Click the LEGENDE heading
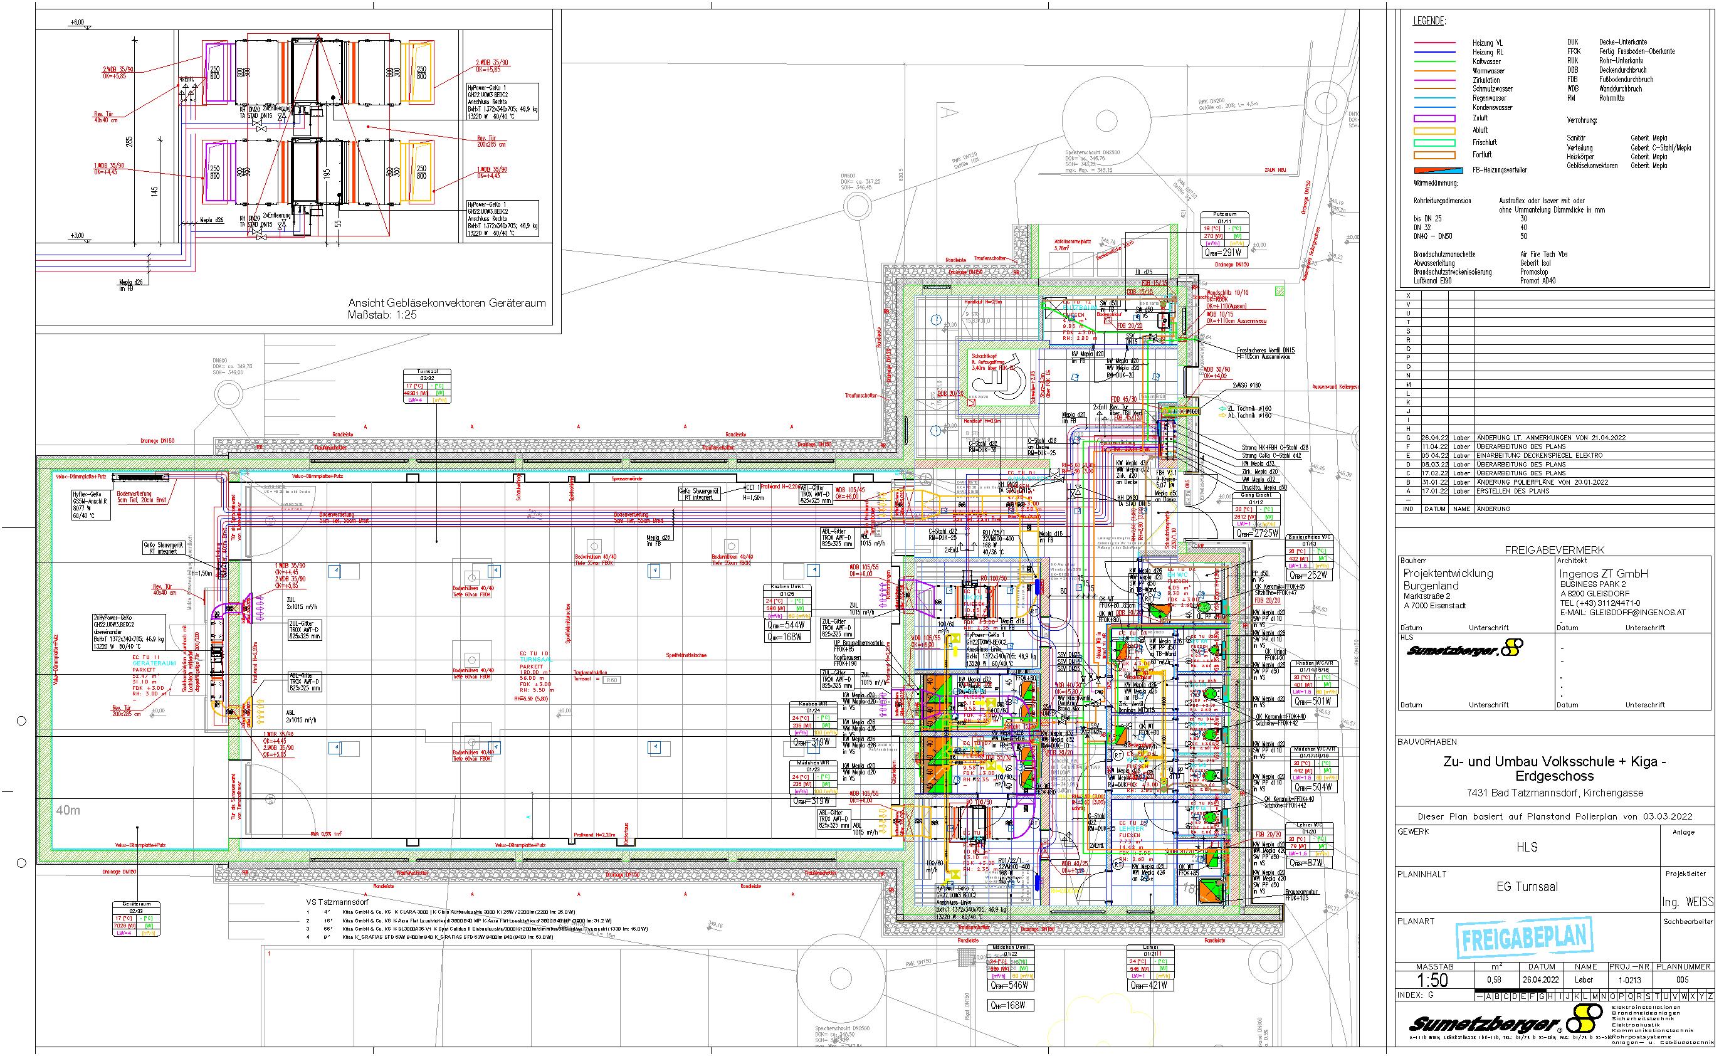pos(1429,22)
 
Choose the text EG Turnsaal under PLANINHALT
pos(1527,887)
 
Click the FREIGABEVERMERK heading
pos(1554,550)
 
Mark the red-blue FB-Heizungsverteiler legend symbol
pos(1438,170)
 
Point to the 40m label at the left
pos(68,810)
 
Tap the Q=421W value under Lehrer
pos(1147,985)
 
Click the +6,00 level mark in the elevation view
pos(76,23)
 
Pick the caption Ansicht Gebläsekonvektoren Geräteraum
pos(446,303)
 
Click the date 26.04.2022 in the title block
pos(1536,979)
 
